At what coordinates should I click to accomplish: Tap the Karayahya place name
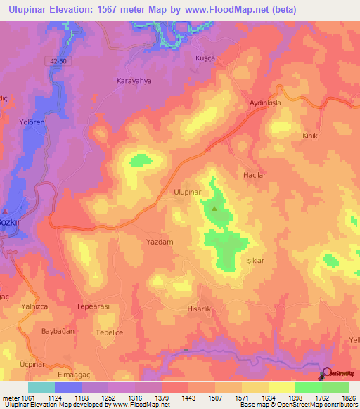[x=134, y=81]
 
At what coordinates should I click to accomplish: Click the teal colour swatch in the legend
[x=41, y=387]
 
